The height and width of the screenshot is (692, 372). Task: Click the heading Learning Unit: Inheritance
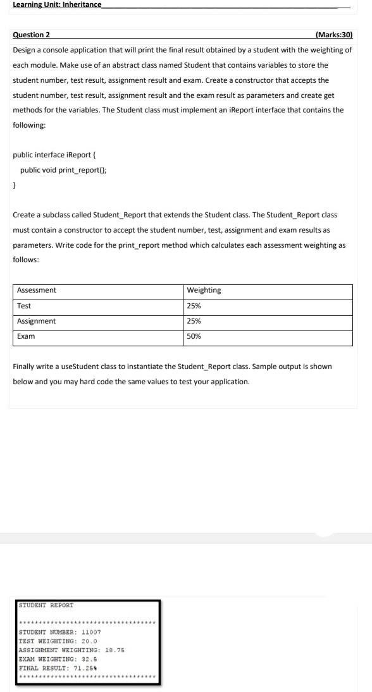click(x=57, y=4)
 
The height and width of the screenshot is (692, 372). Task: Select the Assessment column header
click(x=37, y=290)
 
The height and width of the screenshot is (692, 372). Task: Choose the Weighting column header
click(x=204, y=290)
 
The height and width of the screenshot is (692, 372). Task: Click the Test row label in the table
click(x=24, y=306)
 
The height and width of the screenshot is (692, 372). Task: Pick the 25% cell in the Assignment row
click(x=194, y=321)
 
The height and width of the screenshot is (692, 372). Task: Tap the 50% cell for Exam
click(x=194, y=336)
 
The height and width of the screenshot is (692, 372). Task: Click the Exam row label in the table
click(x=26, y=336)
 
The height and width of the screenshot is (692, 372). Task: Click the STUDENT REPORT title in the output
click(x=46, y=605)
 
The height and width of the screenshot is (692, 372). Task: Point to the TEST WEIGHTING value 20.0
click(x=87, y=641)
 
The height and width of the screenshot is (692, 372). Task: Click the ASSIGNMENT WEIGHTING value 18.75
click(x=114, y=650)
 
